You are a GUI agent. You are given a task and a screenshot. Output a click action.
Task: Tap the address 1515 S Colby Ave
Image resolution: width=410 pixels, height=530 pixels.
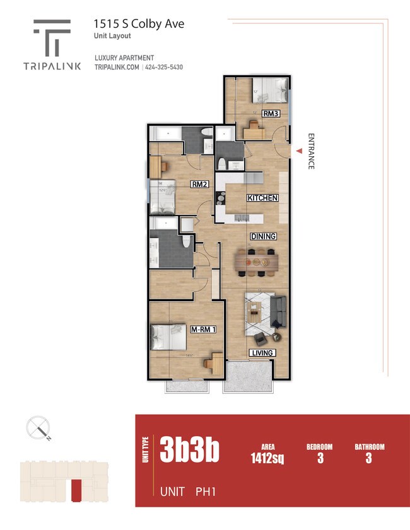tap(139, 24)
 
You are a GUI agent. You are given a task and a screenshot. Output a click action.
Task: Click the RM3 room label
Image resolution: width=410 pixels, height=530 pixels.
tap(271, 114)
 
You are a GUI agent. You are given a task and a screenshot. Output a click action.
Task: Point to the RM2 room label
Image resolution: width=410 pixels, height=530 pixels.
tap(200, 185)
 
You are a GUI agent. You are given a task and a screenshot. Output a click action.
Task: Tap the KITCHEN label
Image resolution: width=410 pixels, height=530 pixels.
tap(263, 198)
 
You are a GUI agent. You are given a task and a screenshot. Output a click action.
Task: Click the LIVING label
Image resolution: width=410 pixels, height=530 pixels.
tap(262, 353)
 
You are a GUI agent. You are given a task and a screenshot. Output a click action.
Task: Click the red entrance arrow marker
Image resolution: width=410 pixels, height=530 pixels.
tap(300, 150)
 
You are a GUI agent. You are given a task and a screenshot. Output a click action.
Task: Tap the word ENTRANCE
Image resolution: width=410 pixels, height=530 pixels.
tap(311, 151)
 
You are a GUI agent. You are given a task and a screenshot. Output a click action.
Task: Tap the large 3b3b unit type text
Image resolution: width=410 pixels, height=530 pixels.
tap(189, 450)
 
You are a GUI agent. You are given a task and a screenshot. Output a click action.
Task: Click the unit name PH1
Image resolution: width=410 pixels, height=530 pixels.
tap(206, 491)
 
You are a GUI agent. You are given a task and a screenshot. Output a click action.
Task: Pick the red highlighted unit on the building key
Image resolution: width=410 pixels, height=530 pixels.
tap(76, 489)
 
